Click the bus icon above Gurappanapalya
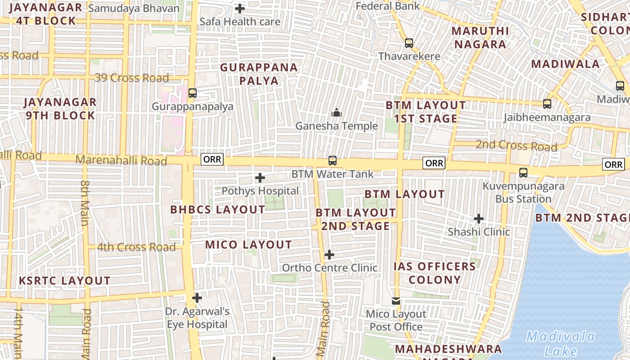[193, 93]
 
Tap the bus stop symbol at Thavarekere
[409, 43]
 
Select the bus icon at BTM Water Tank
[333, 160]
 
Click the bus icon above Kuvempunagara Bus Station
[523, 172]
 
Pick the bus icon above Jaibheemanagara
[547, 104]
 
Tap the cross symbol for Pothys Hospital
[260, 178]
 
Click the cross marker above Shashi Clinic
[479, 219]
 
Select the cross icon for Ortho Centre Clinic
[329, 255]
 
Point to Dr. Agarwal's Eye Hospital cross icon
[197, 298]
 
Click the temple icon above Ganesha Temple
[336, 112]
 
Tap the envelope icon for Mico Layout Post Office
[396, 301]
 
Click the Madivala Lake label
[561, 343]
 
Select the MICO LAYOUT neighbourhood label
[248, 245]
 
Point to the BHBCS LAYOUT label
[218, 210]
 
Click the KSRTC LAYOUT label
[64, 281]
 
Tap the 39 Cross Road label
[131, 78]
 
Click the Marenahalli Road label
[121, 160]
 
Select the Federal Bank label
[387, 6]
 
